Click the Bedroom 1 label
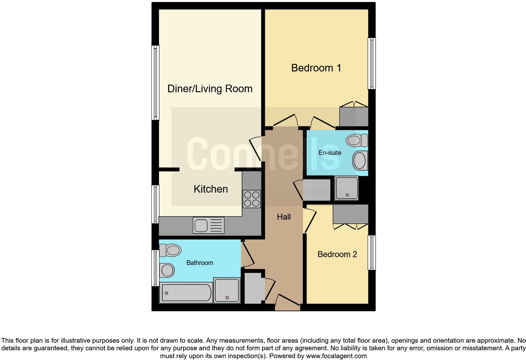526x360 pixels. pos(316,68)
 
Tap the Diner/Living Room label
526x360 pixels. pos(210,89)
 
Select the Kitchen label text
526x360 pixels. pos(210,189)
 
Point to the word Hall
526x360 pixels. pos(283,217)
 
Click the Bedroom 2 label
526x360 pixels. pos(337,254)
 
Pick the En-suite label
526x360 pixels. pos(330,153)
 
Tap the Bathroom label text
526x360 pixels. pos(199,263)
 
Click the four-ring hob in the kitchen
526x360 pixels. pos(252,199)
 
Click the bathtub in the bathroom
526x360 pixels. pos(186,293)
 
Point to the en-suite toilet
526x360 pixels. pos(357,140)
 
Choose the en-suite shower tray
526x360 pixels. pos(347,188)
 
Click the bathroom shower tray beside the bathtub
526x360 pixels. pos(227,290)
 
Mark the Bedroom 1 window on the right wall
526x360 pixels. pos(372,64)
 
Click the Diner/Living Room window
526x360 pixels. pos(155,82)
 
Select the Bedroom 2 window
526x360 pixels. pos(372,252)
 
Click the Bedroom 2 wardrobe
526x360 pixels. pos(350,214)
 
